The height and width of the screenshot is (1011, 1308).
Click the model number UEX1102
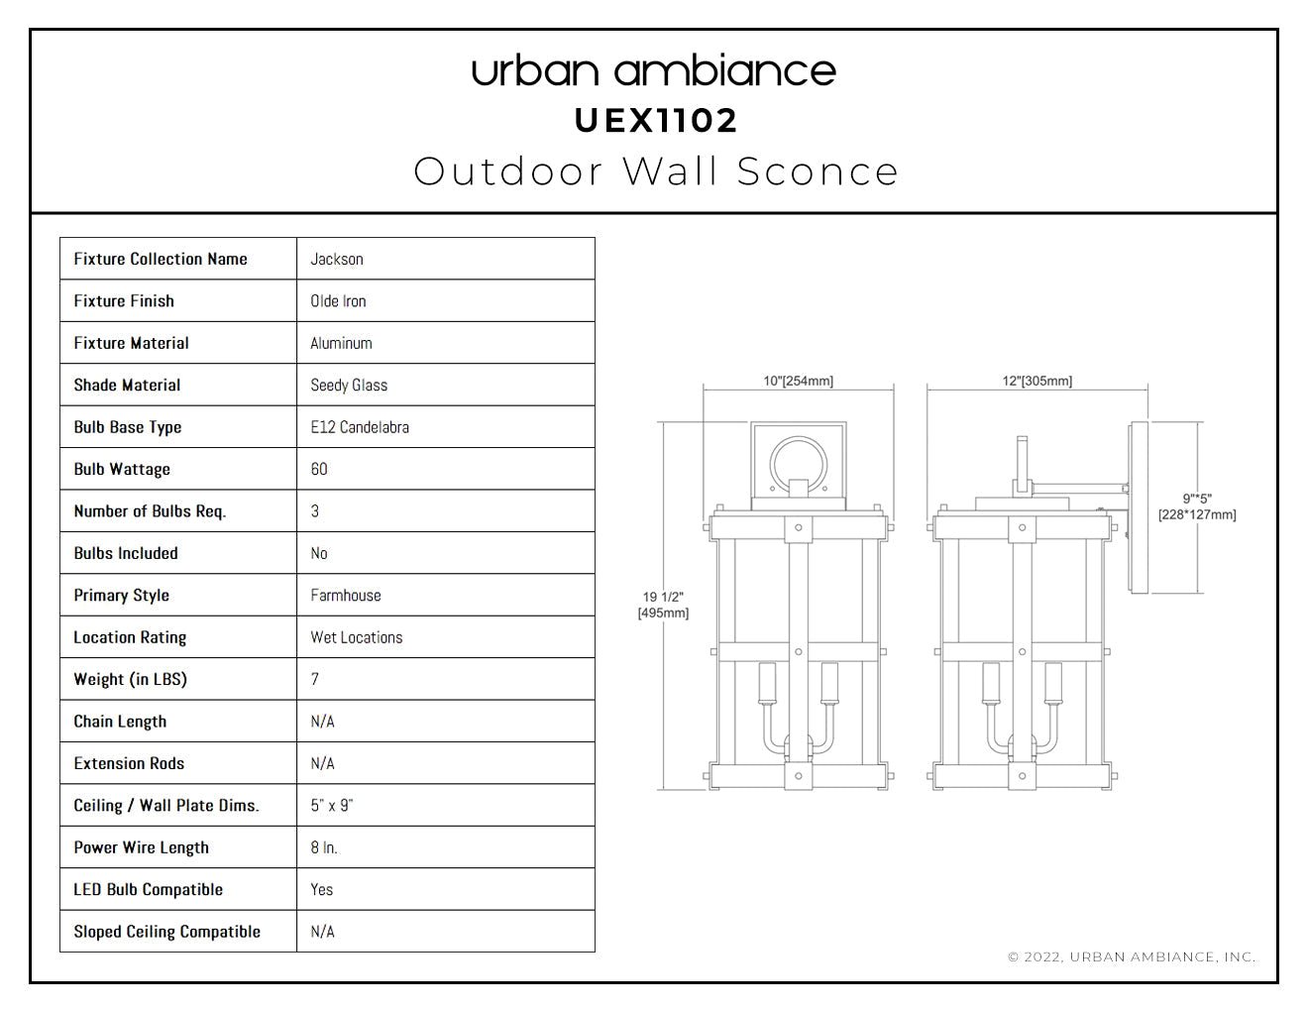click(655, 121)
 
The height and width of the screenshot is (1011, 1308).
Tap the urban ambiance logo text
click(654, 71)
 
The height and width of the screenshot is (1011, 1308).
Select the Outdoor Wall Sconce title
click(656, 171)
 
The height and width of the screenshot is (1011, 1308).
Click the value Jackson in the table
click(337, 259)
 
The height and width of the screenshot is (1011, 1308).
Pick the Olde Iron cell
click(338, 301)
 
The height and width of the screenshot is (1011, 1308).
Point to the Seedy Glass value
click(349, 386)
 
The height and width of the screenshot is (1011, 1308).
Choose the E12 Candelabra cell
click(360, 427)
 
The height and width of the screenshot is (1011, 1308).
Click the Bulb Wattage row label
click(122, 470)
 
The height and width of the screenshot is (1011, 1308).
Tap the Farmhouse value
click(346, 595)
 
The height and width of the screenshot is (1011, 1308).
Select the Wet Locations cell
click(357, 637)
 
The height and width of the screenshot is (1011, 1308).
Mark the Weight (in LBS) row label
click(130, 679)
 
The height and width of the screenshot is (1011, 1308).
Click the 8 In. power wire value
click(324, 847)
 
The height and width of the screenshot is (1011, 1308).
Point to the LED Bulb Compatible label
click(148, 889)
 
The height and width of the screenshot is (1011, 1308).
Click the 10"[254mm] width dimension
click(798, 381)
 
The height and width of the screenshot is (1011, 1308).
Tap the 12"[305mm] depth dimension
click(1037, 381)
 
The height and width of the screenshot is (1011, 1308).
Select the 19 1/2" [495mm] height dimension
click(663, 605)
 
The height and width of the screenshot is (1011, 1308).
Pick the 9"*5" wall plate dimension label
click(1197, 506)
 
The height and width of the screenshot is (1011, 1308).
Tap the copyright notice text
click(1132, 956)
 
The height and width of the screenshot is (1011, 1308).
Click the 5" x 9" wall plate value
click(332, 805)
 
